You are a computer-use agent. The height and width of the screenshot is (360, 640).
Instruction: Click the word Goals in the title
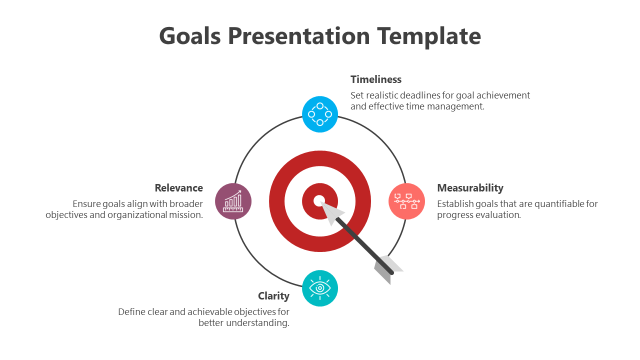pyautogui.click(x=190, y=36)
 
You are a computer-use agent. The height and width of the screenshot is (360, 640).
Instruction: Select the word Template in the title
pyautogui.click(x=429, y=37)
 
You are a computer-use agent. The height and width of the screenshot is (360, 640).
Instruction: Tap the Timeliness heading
pyautogui.click(x=376, y=79)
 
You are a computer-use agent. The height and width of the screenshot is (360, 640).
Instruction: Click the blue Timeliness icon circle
pyautogui.click(x=320, y=114)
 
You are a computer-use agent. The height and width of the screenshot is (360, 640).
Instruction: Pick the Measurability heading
pyautogui.click(x=470, y=188)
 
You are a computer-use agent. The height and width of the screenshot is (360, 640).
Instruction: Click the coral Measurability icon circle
pyautogui.click(x=406, y=201)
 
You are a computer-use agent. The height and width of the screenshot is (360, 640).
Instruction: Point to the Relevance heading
pyautogui.click(x=179, y=188)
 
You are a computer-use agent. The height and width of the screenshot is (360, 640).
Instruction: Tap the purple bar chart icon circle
pyautogui.click(x=233, y=201)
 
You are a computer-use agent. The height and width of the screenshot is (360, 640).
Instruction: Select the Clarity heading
pyautogui.click(x=273, y=296)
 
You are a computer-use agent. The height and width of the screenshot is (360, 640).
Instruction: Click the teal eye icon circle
pyautogui.click(x=320, y=288)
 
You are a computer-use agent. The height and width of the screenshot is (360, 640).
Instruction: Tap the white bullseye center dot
pyautogui.click(x=319, y=201)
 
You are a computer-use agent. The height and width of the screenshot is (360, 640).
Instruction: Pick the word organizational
pyautogui.click(x=137, y=215)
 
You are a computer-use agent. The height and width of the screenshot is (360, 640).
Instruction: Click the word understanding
pyautogui.click(x=257, y=323)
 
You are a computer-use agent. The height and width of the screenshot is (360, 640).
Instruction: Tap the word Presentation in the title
pyautogui.click(x=299, y=36)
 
